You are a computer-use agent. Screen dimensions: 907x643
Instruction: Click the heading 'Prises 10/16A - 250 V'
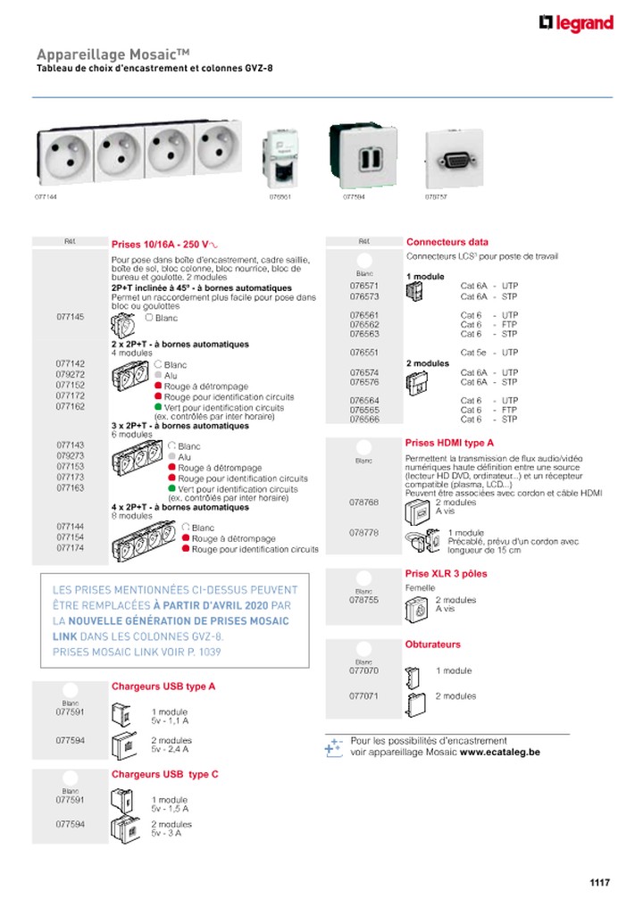pos(164,243)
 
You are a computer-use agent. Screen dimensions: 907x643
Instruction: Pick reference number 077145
pos(71,317)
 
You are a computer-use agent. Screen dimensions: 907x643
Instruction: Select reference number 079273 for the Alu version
pos(71,455)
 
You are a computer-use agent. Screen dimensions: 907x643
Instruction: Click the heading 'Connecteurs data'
pos(447,242)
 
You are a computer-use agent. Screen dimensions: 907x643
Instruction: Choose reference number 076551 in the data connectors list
pos(364,353)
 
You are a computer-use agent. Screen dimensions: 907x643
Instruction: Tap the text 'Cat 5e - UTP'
pos(489,353)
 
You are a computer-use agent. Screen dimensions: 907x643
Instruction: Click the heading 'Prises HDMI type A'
pos(449,443)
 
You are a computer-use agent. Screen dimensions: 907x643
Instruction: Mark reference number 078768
pos(364,503)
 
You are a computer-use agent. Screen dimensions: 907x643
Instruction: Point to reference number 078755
pos(364,600)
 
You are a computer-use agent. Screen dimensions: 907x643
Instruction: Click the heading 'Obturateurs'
pos(432,644)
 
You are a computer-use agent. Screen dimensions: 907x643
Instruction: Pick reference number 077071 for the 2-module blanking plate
pos(364,695)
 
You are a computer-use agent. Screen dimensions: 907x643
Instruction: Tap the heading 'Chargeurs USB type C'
pos(164,774)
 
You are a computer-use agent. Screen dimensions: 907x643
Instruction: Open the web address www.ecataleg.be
pos(499,753)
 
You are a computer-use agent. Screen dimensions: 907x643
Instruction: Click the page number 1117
pos(599,883)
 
